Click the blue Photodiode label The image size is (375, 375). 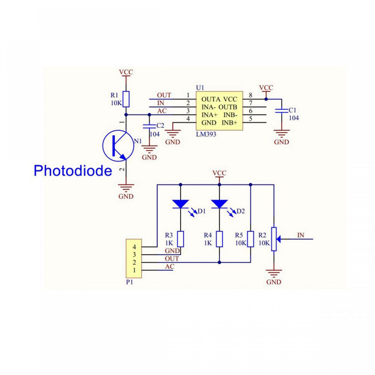[72, 170]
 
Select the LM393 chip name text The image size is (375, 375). [206, 134]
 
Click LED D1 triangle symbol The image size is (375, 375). [180, 203]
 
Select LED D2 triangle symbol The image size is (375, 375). [219, 203]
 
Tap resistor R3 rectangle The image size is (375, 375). [180, 239]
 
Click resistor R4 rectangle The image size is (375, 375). [219, 239]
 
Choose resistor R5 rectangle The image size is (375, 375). [251, 239]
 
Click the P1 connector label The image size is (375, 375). [130, 282]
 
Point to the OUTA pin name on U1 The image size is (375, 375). [209, 99]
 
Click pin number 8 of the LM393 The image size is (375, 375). [251, 95]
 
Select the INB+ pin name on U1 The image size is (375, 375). [230, 122]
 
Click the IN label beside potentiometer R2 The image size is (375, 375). [301, 235]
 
